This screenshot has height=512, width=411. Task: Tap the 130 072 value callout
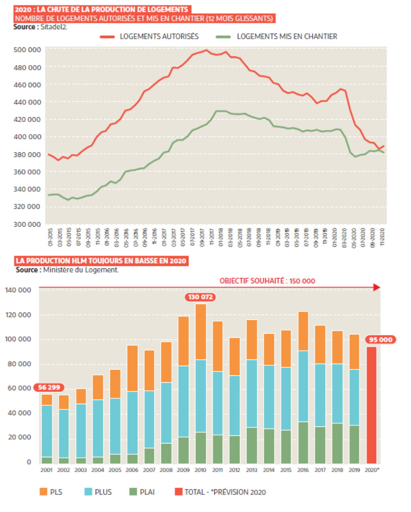[x=200, y=297]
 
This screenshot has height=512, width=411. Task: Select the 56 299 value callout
[x=49, y=387]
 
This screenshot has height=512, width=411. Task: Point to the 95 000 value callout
[x=381, y=340]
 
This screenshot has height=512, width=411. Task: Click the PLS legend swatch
[x=43, y=492]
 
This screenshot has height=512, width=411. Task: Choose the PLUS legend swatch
[x=88, y=492]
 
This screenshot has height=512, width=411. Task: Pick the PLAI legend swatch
[x=133, y=492]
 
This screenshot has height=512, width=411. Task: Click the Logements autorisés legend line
[x=107, y=37]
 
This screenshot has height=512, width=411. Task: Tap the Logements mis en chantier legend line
[x=223, y=37]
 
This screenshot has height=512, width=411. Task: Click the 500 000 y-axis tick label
[x=27, y=50]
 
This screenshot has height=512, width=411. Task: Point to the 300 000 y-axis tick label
[x=27, y=224]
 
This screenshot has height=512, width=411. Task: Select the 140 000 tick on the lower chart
[x=18, y=290]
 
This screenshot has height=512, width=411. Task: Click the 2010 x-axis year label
[x=200, y=470]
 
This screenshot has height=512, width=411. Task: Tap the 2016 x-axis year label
[x=303, y=470]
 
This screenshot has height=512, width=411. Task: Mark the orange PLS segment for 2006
[x=133, y=368]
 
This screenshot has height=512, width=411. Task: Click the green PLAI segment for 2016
[x=303, y=443]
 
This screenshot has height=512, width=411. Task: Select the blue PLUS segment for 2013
[x=252, y=393]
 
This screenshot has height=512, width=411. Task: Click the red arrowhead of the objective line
[x=377, y=287]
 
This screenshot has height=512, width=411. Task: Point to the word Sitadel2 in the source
[x=54, y=27]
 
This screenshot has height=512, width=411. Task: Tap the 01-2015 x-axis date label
[x=50, y=237]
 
